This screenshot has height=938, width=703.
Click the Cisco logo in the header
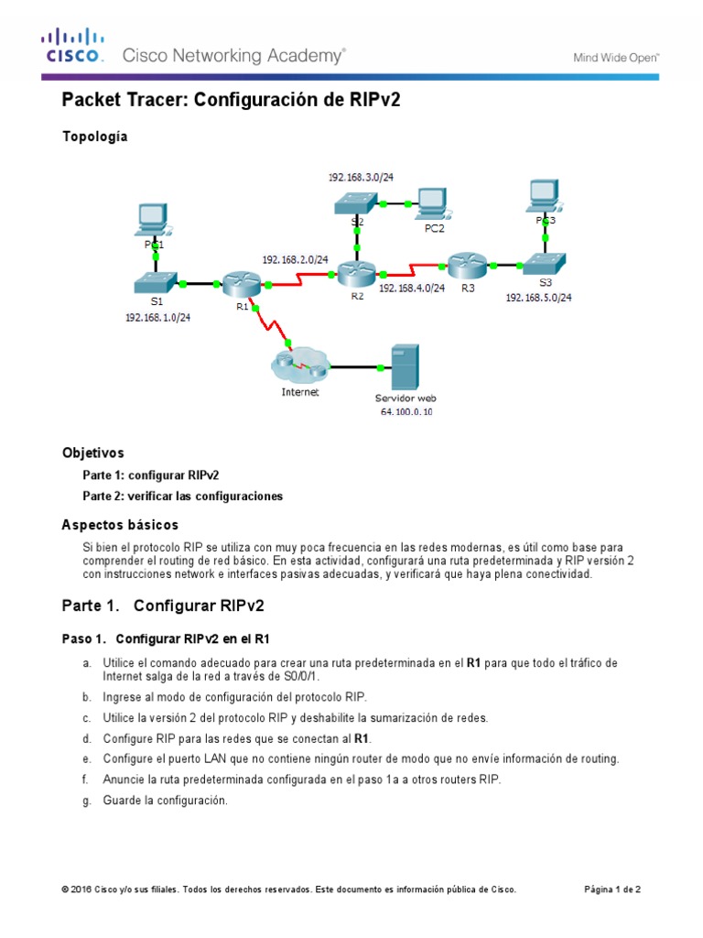tap(74, 47)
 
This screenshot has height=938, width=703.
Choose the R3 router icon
tap(467, 266)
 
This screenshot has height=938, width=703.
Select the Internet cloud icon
tap(299, 366)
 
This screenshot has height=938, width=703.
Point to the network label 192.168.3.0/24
tap(362, 175)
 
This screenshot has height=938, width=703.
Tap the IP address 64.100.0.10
tap(406, 412)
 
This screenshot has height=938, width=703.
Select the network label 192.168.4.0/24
tap(411, 288)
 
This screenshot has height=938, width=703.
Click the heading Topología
tap(94, 136)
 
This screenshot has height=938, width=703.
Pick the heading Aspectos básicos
tap(120, 525)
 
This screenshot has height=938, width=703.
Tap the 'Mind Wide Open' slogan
tap(616, 57)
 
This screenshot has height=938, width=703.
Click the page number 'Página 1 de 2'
tap(612, 889)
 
